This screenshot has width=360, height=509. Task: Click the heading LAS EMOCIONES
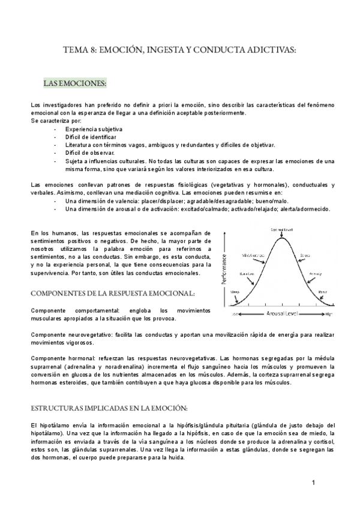click(75, 82)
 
